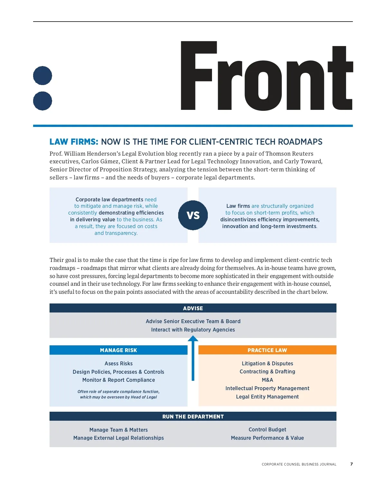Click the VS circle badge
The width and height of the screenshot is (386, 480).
pos(193,215)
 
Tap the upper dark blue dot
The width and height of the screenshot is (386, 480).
pos(42,76)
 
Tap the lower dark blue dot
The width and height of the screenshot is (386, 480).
pos(42,101)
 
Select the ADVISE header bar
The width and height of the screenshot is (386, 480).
pos(193,308)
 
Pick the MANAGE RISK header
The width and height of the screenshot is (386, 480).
pos(118,350)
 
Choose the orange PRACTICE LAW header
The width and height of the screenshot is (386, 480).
pos(267,350)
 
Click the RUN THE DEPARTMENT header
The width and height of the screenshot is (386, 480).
pos(193,417)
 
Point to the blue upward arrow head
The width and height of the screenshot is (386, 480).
pos(193,339)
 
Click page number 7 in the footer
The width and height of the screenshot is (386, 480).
pos(351,464)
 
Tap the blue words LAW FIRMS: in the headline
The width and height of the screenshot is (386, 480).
pos(74,142)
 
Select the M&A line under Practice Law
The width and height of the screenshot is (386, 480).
pos(267,380)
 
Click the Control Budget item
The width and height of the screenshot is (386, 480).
pos(267,429)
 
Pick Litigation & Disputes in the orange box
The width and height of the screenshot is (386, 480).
pos(267,363)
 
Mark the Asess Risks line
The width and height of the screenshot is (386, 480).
pos(118,363)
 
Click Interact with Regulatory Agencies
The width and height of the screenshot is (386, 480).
pos(193,330)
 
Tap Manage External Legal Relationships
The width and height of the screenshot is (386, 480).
pos(118,438)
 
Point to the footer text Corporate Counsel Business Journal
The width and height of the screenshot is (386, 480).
pos(299,464)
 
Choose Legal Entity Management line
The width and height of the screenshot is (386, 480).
pos(267,397)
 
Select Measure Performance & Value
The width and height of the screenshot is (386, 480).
pos(267,438)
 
